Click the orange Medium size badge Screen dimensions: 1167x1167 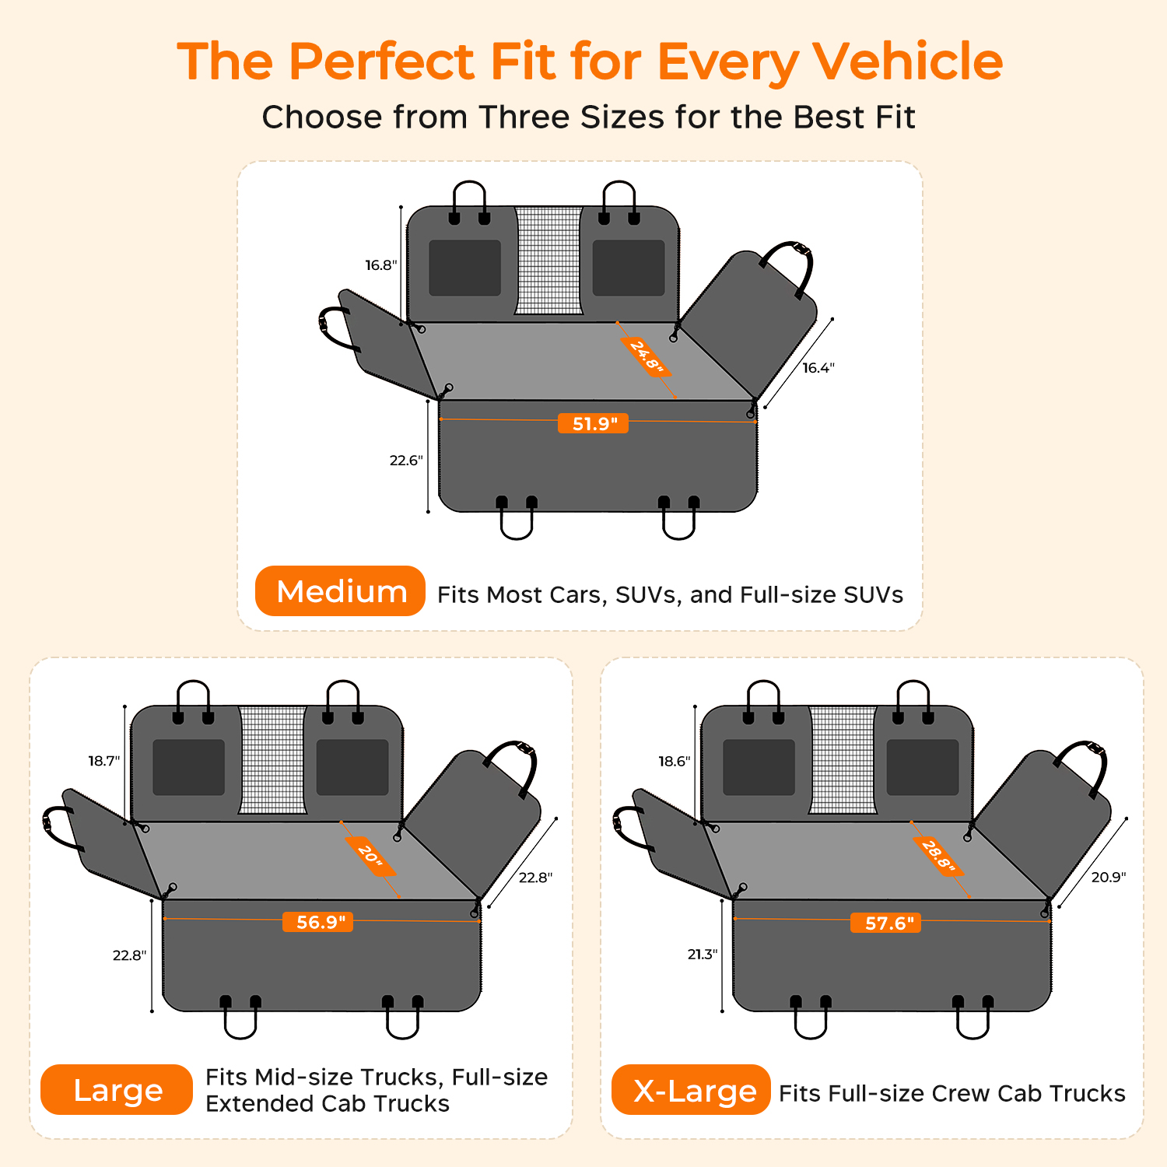click(x=340, y=591)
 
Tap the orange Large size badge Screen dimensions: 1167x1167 click(x=117, y=1090)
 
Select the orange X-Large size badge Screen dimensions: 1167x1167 click(x=691, y=1090)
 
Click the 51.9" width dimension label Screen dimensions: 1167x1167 click(x=594, y=424)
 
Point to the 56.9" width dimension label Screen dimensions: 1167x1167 click(x=318, y=923)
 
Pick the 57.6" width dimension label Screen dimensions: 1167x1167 click(x=887, y=923)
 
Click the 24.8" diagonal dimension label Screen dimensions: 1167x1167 click(x=646, y=357)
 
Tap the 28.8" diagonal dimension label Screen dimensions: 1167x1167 click(x=938, y=856)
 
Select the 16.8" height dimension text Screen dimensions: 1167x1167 click(x=381, y=266)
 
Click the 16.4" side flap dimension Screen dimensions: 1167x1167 click(x=818, y=368)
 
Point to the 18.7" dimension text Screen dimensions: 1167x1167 click(x=104, y=761)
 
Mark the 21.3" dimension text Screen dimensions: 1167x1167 click(x=703, y=955)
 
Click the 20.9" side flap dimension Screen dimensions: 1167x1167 click(x=1109, y=878)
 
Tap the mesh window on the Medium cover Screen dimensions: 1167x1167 click(x=548, y=261)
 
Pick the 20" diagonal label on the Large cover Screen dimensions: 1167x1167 click(x=370, y=856)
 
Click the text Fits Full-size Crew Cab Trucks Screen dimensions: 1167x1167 click(x=952, y=1093)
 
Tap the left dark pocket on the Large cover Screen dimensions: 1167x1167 click(x=188, y=767)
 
